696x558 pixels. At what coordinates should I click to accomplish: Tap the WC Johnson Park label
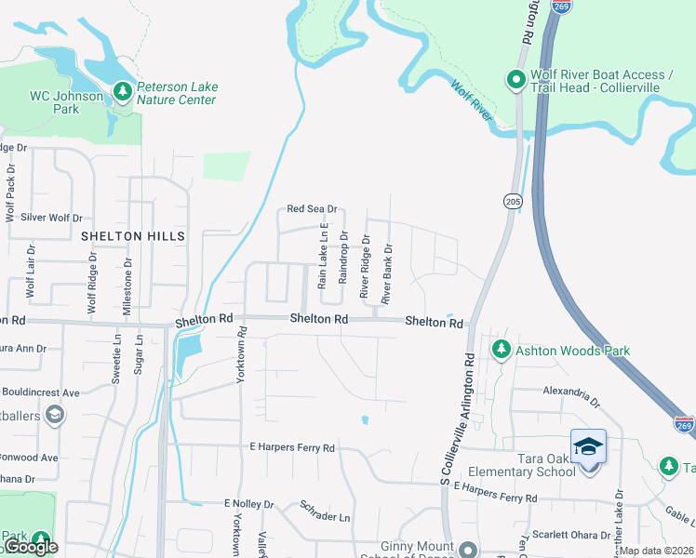point(67,101)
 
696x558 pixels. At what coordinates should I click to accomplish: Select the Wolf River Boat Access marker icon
point(516,81)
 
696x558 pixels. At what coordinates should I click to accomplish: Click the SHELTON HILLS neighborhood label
point(133,236)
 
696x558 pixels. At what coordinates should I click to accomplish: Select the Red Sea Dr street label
point(312,210)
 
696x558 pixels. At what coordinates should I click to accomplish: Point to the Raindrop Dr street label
point(343,258)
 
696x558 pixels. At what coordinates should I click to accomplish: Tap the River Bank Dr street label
point(389,271)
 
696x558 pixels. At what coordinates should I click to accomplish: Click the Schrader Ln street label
point(325,511)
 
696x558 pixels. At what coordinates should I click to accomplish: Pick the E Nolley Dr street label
point(249,503)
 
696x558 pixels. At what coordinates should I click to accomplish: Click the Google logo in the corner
point(30,547)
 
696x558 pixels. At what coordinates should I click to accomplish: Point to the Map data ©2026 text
point(657,551)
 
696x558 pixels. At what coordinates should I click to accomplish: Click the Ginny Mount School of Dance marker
point(468,549)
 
